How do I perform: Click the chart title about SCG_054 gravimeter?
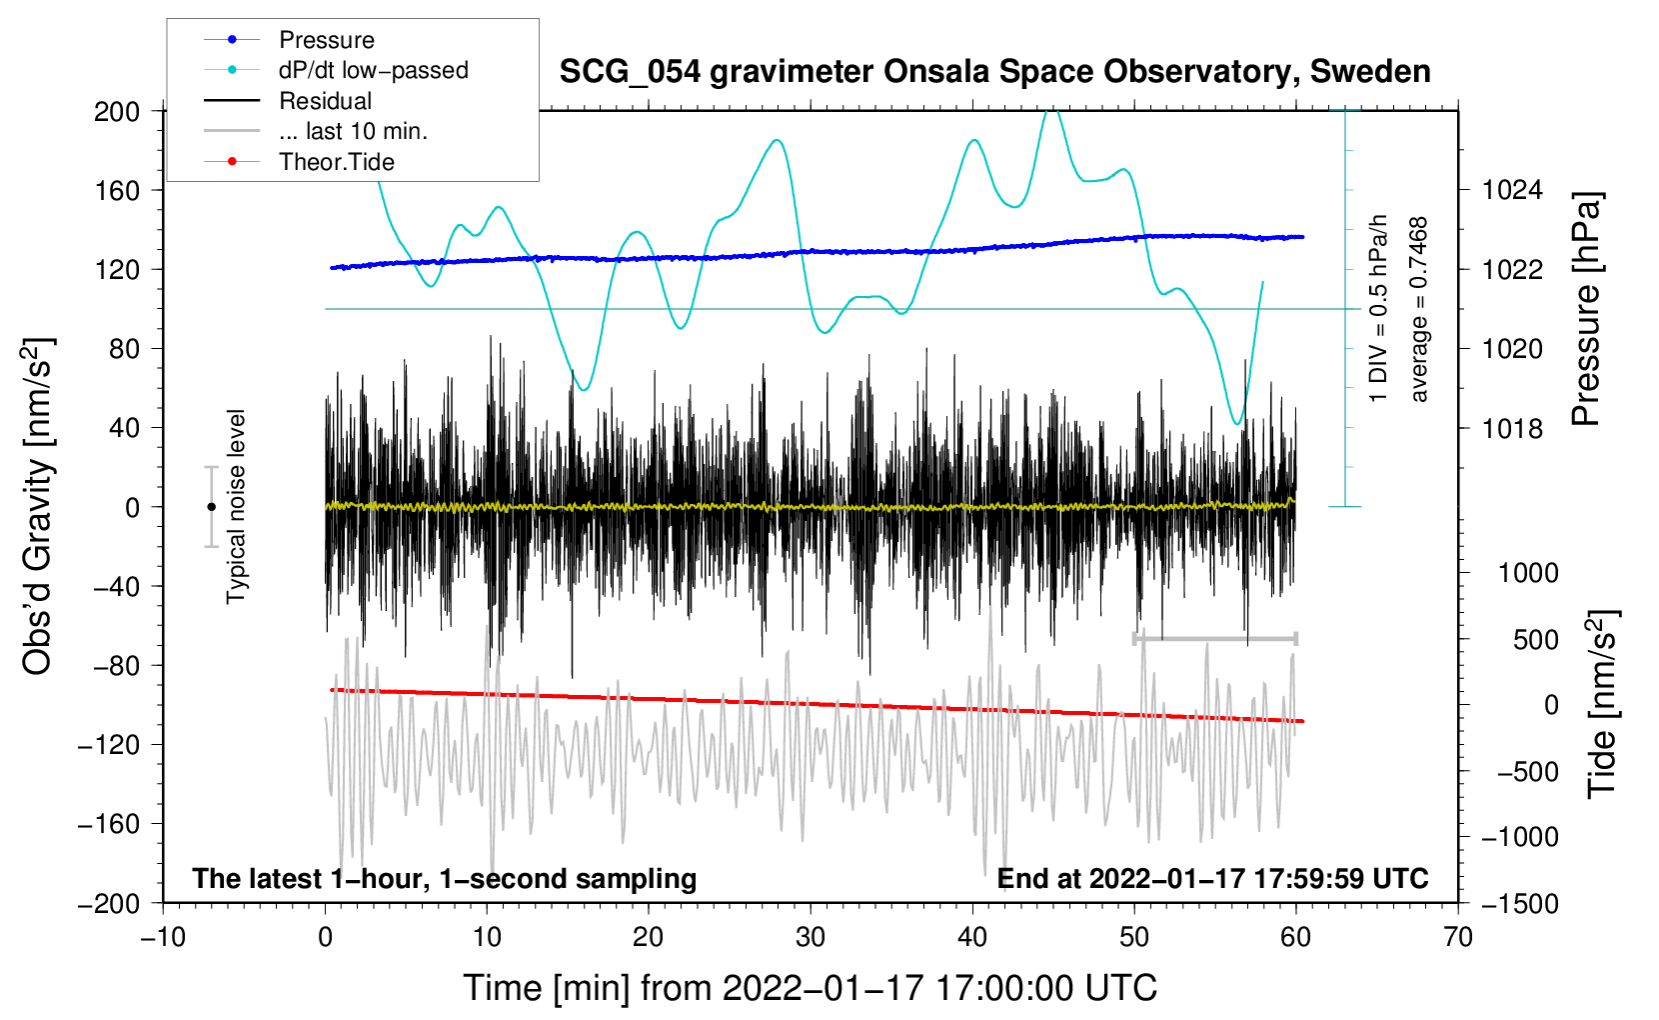click(994, 72)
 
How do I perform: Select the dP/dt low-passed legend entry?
click(373, 70)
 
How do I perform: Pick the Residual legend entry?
click(325, 101)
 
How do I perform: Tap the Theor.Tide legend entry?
click(336, 162)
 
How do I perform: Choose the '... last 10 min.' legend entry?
click(353, 131)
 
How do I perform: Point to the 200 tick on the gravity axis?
click(117, 111)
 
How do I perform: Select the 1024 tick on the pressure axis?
click(1512, 190)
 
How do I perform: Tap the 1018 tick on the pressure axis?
click(1512, 429)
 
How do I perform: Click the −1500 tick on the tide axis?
click(1519, 903)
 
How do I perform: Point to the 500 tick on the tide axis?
click(1535, 640)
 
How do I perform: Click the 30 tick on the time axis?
click(811, 937)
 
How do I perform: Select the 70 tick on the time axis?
click(1458, 937)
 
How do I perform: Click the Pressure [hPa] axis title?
click(1587, 309)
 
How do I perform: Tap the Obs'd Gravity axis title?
click(38, 506)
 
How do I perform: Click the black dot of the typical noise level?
click(211, 507)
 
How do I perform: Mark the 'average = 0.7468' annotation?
click(1419, 309)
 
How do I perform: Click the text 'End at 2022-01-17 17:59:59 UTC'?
click(1212, 879)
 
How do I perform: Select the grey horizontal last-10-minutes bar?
click(1215, 638)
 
